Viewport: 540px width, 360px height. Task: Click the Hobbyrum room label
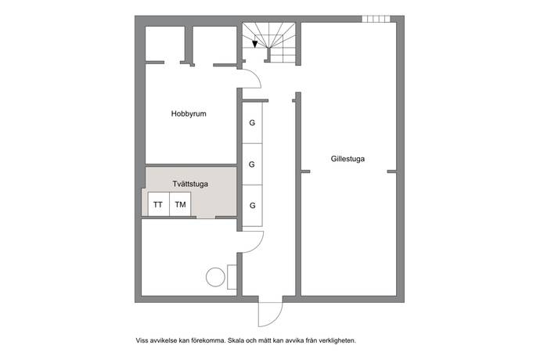[x=189, y=114]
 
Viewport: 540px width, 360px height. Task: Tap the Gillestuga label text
[x=347, y=159]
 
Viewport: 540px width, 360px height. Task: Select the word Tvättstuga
[x=190, y=184]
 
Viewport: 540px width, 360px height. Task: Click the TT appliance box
[x=159, y=205]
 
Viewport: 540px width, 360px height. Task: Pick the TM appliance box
[x=181, y=205]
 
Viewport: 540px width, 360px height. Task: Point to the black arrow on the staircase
[x=255, y=44]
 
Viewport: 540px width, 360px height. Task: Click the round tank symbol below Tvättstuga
[x=214, y=276]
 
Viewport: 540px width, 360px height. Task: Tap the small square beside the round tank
[x=232, y=277]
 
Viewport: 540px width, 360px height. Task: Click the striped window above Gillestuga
[x=376, y=19]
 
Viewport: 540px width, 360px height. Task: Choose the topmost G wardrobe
[x=252, y=124]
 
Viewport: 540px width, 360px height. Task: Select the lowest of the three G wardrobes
[x=252, y=206]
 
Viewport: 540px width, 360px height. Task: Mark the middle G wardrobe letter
[x=252, y=164]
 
